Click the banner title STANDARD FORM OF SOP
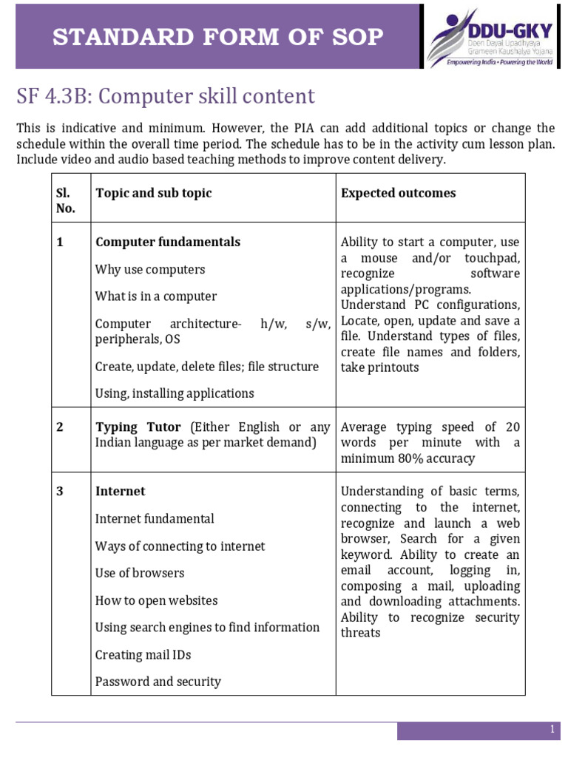click(x=217, y=36)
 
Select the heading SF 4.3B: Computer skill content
click(x=166, y=97)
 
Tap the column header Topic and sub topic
click(x=153, y=193)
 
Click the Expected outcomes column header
click(x=398, y=193)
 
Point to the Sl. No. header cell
click(x=66, y=200)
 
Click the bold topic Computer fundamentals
click(x=168, y=242)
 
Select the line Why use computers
click(x=150, y=269)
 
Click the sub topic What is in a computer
click(x=156, y=296)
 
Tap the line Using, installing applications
click(x=175, y=393)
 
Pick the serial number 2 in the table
click(x=60, y=427)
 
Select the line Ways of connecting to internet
click(x=180, y=546)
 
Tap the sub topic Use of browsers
click(x=140, y=573)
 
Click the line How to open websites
click(x=156, y=600)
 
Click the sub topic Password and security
click(x=158, y=682)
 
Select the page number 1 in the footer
click(x=552, y=730)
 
